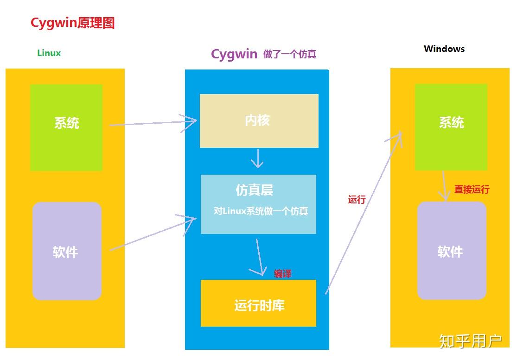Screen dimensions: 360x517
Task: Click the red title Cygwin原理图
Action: coord(72,23)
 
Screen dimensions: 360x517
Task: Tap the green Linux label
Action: coord(49,53)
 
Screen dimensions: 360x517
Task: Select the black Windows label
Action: coord(444,49)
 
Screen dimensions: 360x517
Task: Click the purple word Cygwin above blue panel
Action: coord(234,54)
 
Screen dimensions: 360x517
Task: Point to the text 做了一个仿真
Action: coord(290,54)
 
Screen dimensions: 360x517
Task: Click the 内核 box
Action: coord(259,121)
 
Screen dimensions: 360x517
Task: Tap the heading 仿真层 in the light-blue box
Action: coord(254,190)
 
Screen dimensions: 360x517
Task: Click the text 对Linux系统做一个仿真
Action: coord(261,211)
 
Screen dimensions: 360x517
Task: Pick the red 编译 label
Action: coord(282,273)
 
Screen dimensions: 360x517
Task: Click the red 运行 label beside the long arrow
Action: coord(357,200)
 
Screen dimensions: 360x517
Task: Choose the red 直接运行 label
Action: coord(472,189)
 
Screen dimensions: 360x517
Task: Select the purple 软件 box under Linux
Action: coord(67,251)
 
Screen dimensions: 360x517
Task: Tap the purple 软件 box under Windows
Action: coord(451,251)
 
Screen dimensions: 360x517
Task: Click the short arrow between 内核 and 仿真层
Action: coord(257,158)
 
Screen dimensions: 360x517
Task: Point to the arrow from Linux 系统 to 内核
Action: coord(153,123)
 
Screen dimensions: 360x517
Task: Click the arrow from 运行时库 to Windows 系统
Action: coord(364,211)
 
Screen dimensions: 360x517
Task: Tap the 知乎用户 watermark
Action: coord(470,341)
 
